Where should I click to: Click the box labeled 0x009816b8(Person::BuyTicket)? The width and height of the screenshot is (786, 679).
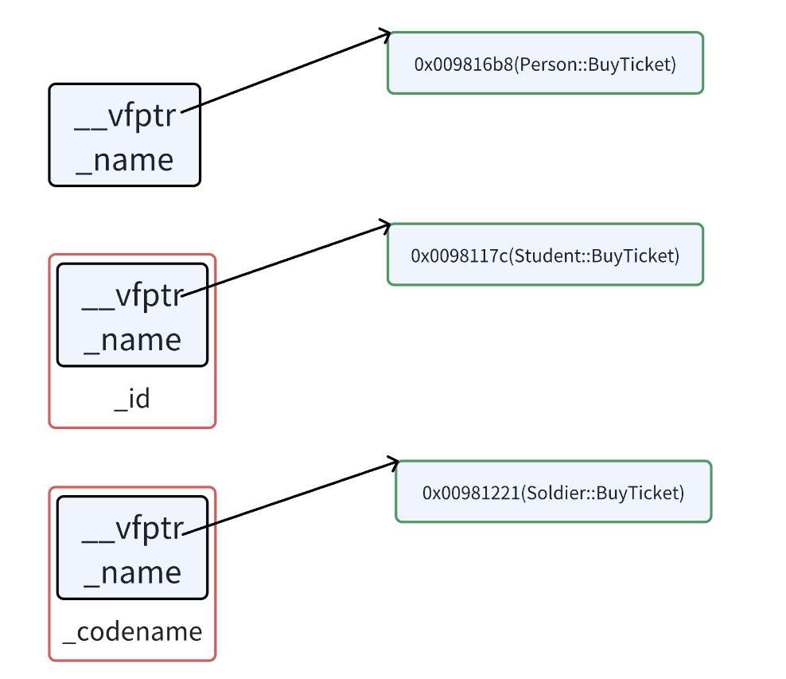coord(546,63)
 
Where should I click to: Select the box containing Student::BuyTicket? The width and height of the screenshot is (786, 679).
coord(546,254)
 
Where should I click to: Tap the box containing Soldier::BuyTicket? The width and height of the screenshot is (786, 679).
coord(554,491)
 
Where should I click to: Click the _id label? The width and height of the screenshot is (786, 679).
coord(132,399)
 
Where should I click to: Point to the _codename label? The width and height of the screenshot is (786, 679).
coord(132,632)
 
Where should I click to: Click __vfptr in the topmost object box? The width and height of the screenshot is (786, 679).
coord(125,116)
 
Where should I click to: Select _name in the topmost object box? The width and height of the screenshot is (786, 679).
coord(125,161)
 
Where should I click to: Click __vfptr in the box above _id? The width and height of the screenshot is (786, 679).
coord(133,296)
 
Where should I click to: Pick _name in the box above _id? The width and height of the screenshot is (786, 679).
coord(133,341)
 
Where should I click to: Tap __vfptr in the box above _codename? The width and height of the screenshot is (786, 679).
coord(133,529)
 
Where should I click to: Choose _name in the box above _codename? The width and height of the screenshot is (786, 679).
coord(133,573)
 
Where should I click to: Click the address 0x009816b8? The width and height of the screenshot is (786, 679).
coord(464,64)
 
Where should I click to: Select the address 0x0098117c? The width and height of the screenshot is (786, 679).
coord(460,256)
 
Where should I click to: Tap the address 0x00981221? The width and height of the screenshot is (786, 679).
coord(471,493)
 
